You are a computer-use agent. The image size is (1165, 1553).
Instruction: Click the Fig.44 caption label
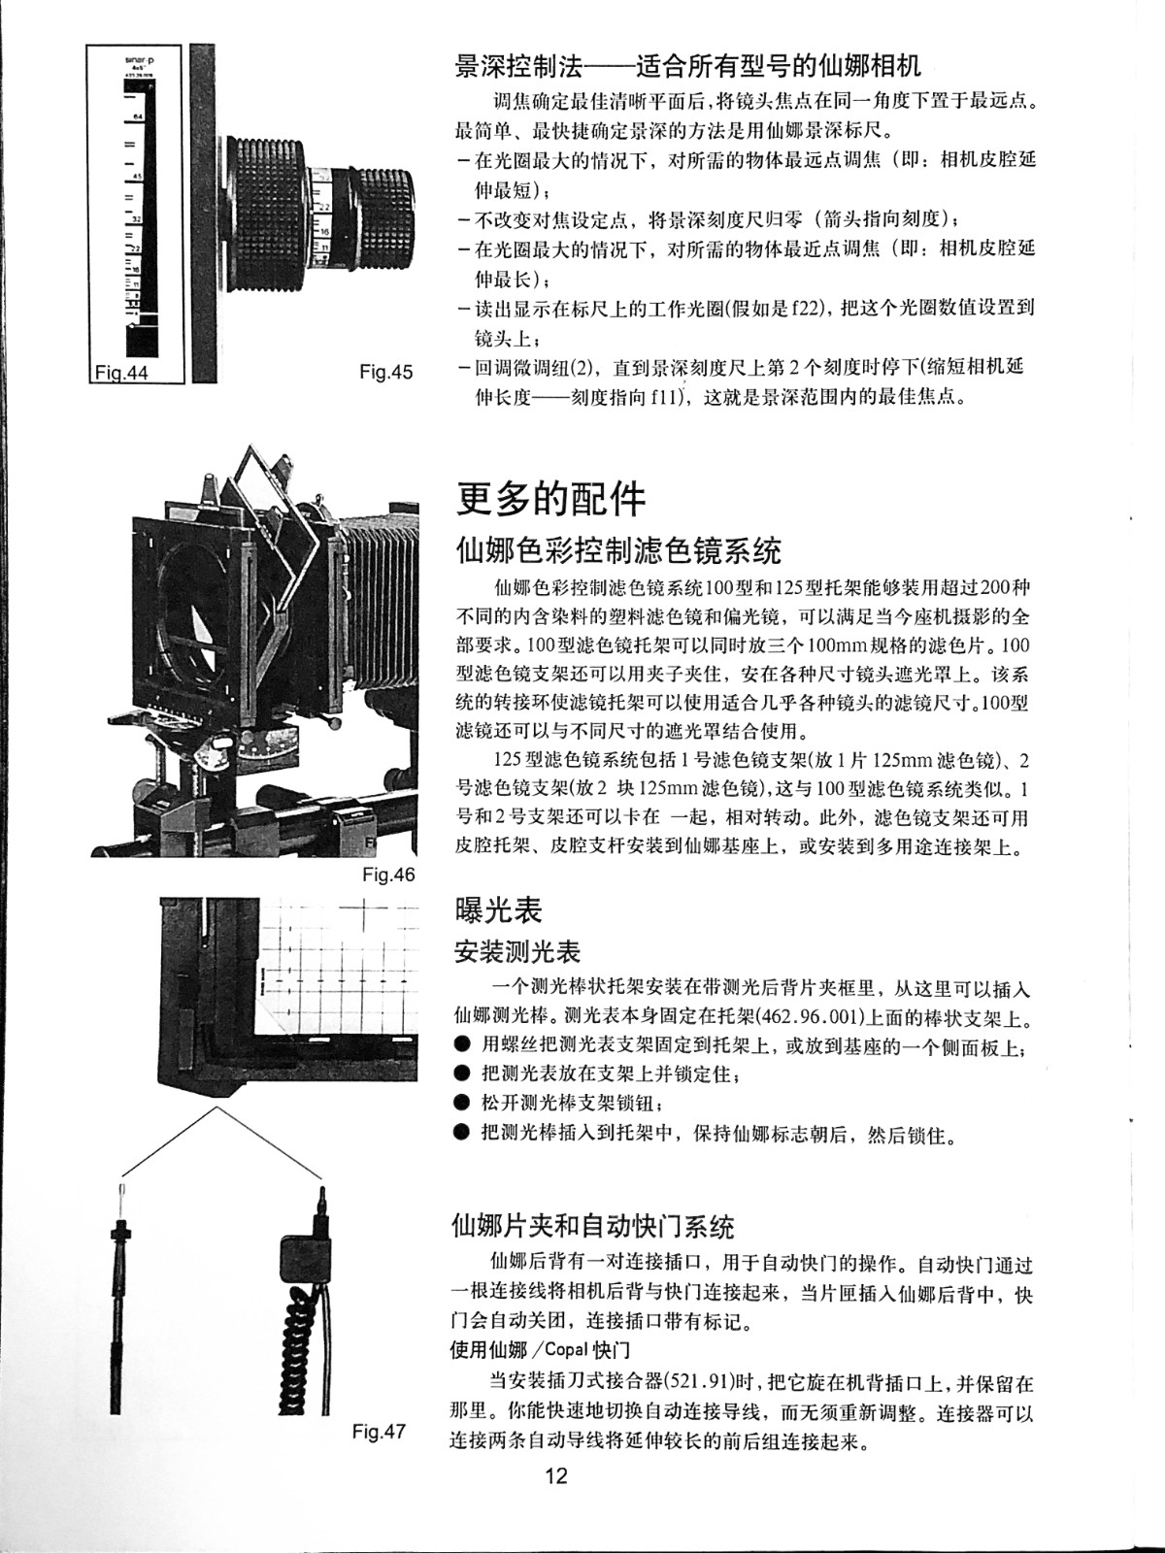(x=121, y=373)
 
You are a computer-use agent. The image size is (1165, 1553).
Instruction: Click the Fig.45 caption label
(x=385, y=372)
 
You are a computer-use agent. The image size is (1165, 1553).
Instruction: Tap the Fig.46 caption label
(x=388, y=876)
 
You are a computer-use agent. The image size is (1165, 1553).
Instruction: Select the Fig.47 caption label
(x=380, y=1432)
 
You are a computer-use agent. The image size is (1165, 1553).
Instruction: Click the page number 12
(x=555, y=1476)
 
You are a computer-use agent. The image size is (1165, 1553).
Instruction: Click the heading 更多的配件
(x=551, y=500)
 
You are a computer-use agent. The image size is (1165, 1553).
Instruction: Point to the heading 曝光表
(x=499, y=909)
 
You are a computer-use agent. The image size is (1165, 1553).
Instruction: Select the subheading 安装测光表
(x=517, y=951)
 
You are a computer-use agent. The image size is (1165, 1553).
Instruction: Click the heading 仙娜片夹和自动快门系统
(x=593, y=1226)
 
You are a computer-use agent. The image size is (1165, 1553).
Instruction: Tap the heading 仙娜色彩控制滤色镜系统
(x=619, y=550)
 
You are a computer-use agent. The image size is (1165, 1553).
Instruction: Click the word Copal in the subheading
(x=568, y=1350)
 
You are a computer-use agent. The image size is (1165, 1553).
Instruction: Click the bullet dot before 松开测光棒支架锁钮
(x=462, y=1103)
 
